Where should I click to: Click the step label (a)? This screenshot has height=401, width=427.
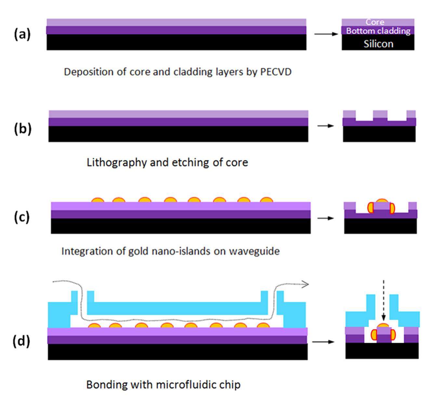22,34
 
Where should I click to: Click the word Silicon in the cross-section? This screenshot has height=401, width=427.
378,44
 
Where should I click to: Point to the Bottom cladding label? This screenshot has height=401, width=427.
378,31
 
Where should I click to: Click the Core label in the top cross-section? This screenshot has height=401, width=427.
375,22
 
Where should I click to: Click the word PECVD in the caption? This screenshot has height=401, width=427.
276,72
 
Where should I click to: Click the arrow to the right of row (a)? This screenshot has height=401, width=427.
326,33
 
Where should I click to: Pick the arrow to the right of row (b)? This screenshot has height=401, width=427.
326,126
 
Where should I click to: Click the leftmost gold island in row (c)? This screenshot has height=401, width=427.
98,200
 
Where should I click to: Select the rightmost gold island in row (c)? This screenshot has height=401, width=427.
267,200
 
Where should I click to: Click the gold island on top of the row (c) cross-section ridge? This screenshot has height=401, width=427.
381,201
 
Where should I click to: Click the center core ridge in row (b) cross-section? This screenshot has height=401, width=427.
380,114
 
